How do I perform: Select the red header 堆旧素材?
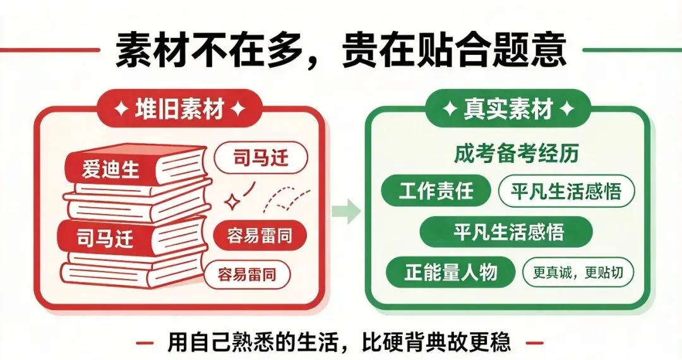click(179, 109)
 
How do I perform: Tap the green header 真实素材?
click(508, 109)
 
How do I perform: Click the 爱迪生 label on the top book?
click(111, 169)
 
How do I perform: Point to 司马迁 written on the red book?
click(105, 238)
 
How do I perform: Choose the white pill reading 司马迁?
click(261, 157)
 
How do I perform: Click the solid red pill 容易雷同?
click(260, 236)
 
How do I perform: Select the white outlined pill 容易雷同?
click(247, 274)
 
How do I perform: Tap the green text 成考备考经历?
click(517, 153)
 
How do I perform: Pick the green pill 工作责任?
click(436, 191)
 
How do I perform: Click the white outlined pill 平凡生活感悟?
click(566, 191)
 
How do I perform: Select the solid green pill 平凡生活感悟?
click(506, 232)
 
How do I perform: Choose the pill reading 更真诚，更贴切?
click(578, 273)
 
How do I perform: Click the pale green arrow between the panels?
click(346, 212)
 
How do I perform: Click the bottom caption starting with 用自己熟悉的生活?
click(339, 342)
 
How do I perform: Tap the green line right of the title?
click(632, 50)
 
